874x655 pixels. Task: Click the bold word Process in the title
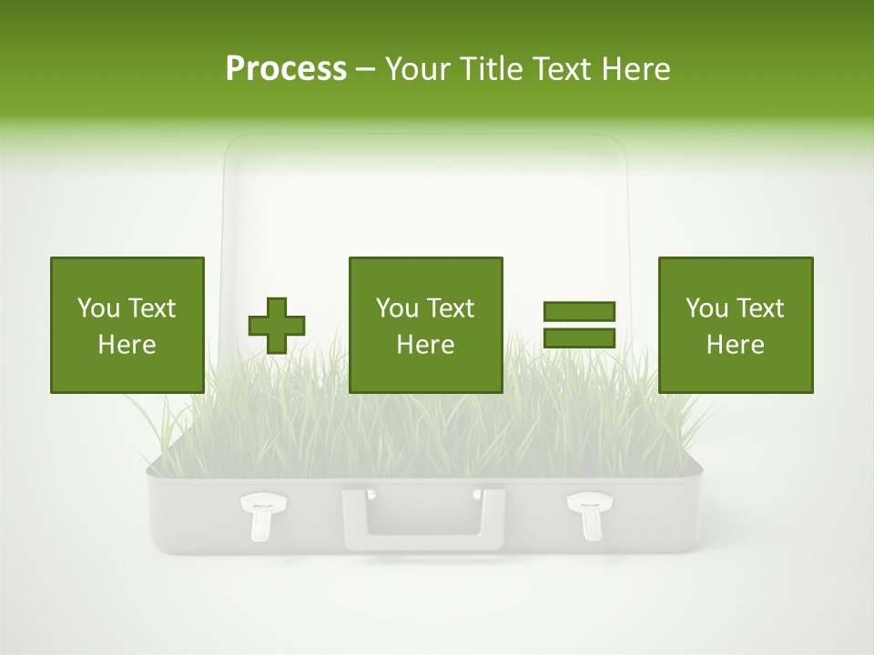coord(286,69)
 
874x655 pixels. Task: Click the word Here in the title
coord(635,69)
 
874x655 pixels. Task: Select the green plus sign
coord(277,325)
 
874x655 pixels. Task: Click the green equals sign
coord(579,325)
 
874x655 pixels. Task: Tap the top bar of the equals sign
coord(579,311)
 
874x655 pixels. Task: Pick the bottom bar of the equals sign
coord(579,338)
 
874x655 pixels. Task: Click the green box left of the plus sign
coord(127,325)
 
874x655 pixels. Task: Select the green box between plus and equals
coord(425,325)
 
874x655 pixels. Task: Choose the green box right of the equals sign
coord(735,325)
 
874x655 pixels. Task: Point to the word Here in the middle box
coord(425,345)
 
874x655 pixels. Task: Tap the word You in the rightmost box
coord(707,308)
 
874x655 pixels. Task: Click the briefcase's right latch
coord(588,515)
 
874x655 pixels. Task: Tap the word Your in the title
coord(416,69)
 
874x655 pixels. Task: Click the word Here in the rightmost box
coord(735,345)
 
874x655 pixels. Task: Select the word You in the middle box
coord(398,308)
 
